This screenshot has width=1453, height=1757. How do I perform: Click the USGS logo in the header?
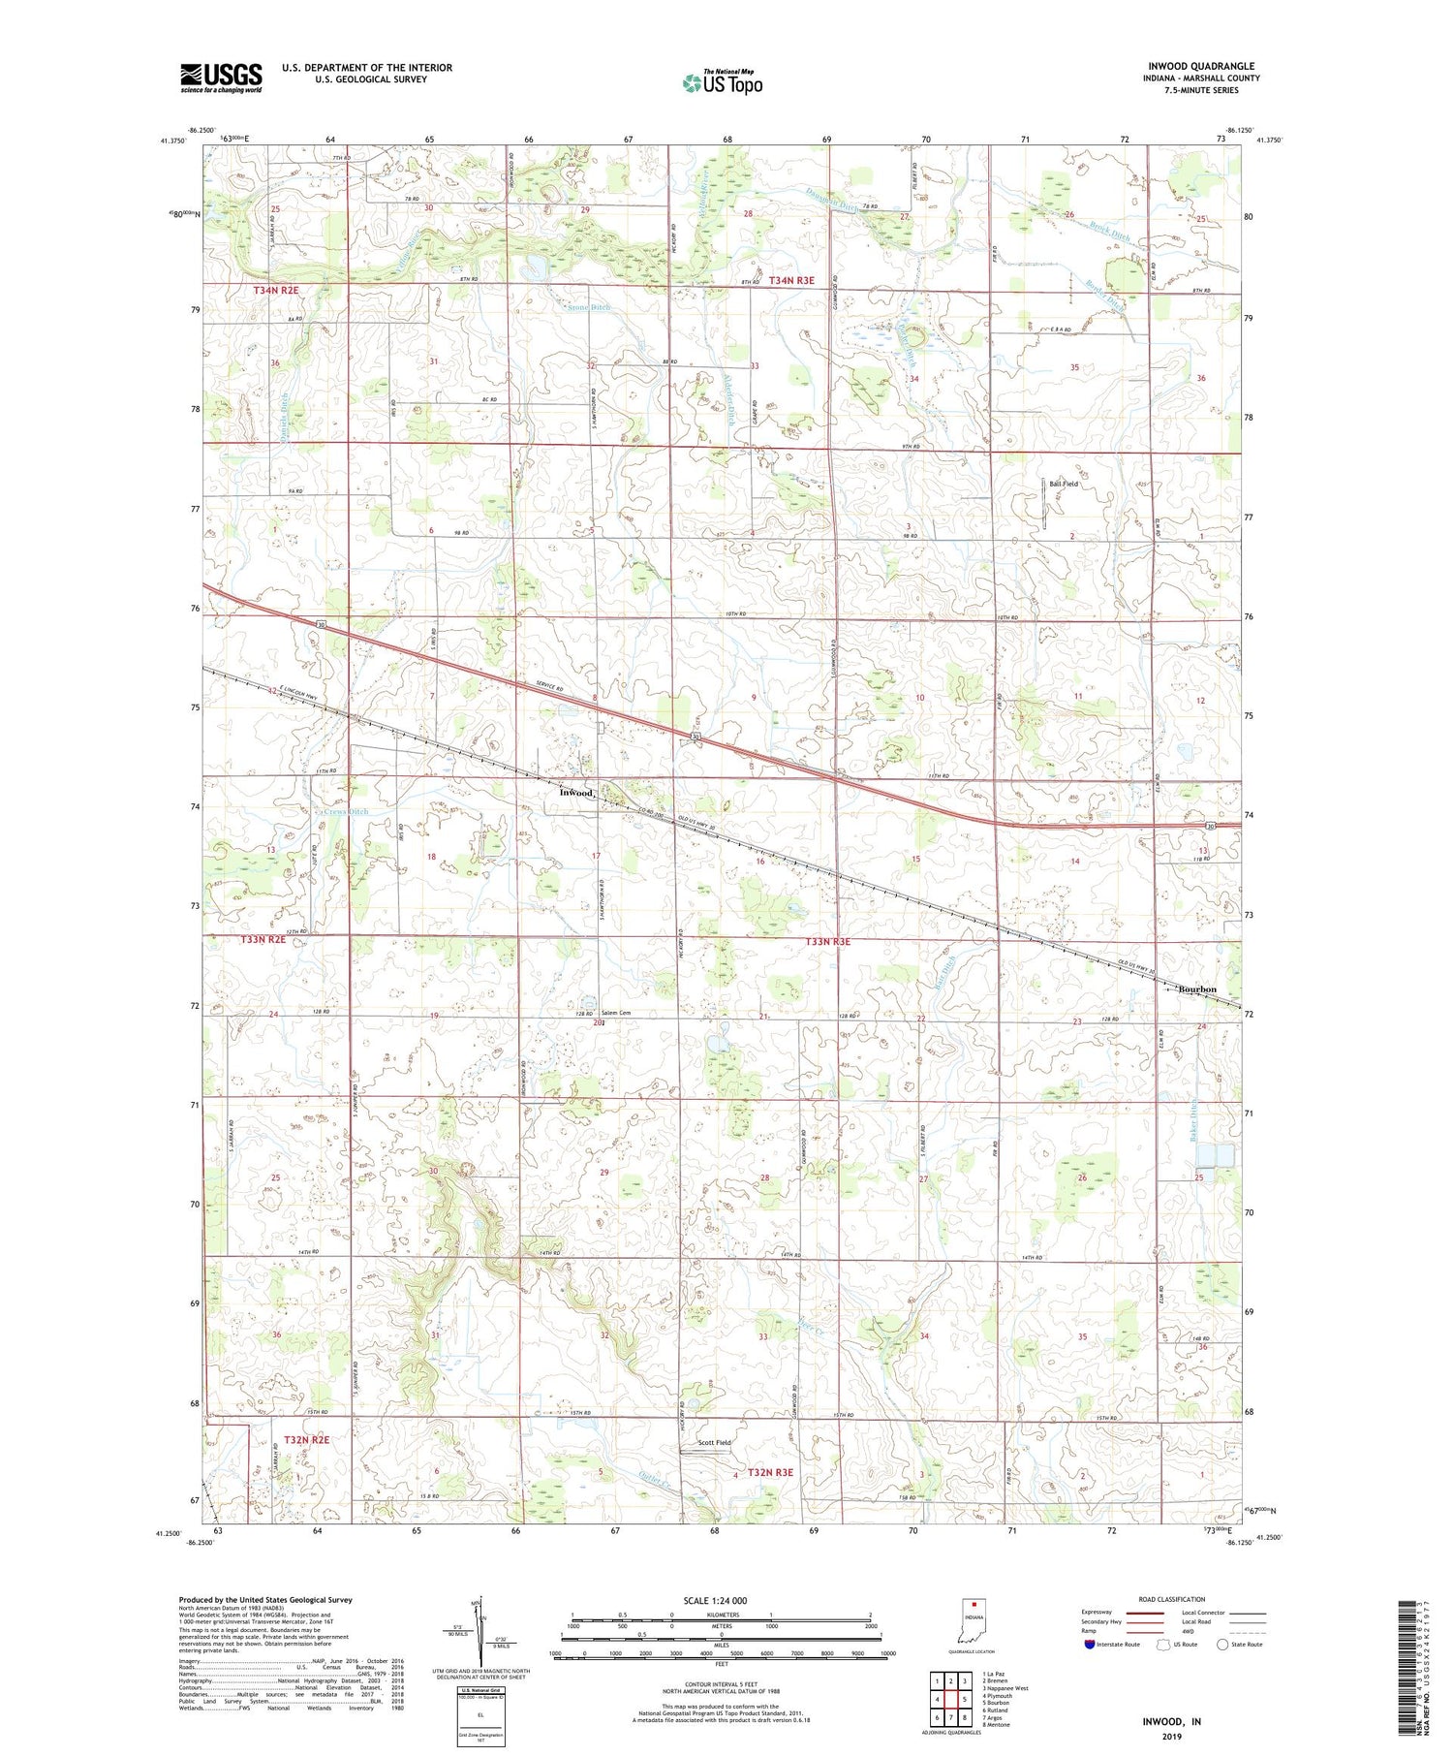pyautogui.click(x=221, y=78)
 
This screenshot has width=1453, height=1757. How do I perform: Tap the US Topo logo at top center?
pyautogui.click(x=721, y=82)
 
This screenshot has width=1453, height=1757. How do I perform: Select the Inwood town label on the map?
pyautogui.click(x=576, y=793)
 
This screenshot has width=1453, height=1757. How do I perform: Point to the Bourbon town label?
pyautogui.click(x=1196, y=988)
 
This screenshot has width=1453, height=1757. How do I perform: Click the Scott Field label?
pyautogui.click(x=715, y=1442)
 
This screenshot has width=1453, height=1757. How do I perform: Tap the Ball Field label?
pyautogui.click(x=1063, y=483)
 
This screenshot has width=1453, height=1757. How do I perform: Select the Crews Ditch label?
pyautogui.click(x=346, y=811)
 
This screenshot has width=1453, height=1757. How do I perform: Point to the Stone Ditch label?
pyautogui.click(x=588, y=307)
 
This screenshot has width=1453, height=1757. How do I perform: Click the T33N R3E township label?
pyautogui.click(x=827, y=941)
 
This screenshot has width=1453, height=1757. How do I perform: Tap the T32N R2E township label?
pyautogui.click(x=305, y=1439)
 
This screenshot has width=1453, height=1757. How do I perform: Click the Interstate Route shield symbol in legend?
pyautogui.click(x=1089, y=1645)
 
